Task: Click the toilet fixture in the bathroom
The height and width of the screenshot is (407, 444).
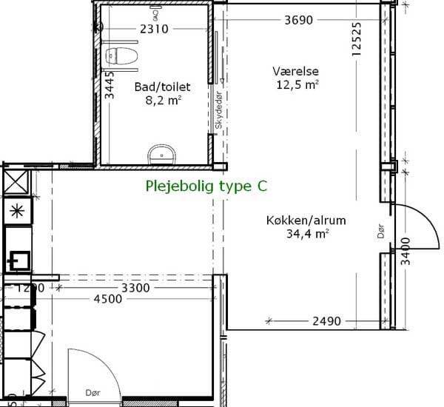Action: (122, 55)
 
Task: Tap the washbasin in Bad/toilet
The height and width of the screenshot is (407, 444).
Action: (162, 155)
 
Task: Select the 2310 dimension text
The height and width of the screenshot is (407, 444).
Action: (154, 29)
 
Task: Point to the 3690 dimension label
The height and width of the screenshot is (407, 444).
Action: (298, 20)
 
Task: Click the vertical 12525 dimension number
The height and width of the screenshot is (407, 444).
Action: (356, 39)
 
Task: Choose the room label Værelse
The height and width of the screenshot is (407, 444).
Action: (295, 71)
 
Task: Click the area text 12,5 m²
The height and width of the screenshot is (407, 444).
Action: (297, 84)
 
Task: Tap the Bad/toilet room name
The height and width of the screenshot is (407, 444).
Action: (162, 87)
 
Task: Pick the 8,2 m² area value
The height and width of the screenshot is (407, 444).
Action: (164, 100)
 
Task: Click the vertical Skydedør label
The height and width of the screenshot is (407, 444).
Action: (218, 110)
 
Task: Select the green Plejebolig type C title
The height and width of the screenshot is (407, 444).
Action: (206, 186)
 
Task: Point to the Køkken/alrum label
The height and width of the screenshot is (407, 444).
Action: (306, 221)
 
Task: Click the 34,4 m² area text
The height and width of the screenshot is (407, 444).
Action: (308, 234)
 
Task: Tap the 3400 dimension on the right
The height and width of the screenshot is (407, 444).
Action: (406, 251)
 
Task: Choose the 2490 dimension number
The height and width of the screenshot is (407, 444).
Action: (326, 321)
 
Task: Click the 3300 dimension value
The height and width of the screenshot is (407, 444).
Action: (135, 288)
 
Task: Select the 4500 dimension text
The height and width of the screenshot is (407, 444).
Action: (108, 299)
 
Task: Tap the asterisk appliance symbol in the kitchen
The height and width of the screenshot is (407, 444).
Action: (17, 212)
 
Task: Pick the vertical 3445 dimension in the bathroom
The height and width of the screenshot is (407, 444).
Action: (110, 85)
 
